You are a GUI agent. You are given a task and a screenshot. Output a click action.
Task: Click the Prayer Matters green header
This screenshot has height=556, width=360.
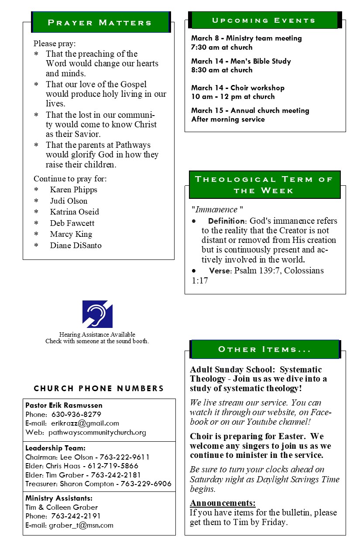coord(100,22)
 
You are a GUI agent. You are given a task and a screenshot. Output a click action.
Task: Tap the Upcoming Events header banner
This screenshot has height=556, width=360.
coord(264,20)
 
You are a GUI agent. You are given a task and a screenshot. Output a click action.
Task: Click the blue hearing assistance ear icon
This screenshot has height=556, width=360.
coord(97,314)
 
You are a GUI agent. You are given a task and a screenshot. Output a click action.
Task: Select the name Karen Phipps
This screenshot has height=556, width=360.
coord(73,190)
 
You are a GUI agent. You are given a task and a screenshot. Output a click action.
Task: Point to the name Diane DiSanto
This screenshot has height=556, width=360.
coord(75,246)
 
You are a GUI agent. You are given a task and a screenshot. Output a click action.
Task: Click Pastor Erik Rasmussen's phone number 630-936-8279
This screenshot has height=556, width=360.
coord(76,414)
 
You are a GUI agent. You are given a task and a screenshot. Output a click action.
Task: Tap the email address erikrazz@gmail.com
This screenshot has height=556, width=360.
coord(85,423)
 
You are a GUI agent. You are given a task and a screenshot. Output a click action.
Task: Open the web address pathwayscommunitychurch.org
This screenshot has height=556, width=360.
coord(97,433)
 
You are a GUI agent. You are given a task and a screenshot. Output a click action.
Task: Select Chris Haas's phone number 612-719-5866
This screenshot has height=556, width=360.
coord(113,466)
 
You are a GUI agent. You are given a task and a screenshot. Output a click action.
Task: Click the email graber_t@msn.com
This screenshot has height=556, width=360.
coord(81,525)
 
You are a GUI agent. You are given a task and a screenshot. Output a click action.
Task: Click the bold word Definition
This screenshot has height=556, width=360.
coord(226,221)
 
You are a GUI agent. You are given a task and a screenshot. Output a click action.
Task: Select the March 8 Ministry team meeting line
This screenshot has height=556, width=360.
coord(246,38)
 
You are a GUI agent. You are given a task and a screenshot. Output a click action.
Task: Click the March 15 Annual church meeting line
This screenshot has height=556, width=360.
coord(250,111)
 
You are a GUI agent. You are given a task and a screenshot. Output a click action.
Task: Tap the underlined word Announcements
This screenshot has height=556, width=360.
coord(223,503)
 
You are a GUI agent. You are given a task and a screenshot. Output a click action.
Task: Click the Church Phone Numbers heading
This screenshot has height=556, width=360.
coord(99,389)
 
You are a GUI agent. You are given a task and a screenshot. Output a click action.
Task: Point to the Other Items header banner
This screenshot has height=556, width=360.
coord(264,350)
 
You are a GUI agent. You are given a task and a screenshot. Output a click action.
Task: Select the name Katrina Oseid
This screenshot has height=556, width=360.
coord(74,212)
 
